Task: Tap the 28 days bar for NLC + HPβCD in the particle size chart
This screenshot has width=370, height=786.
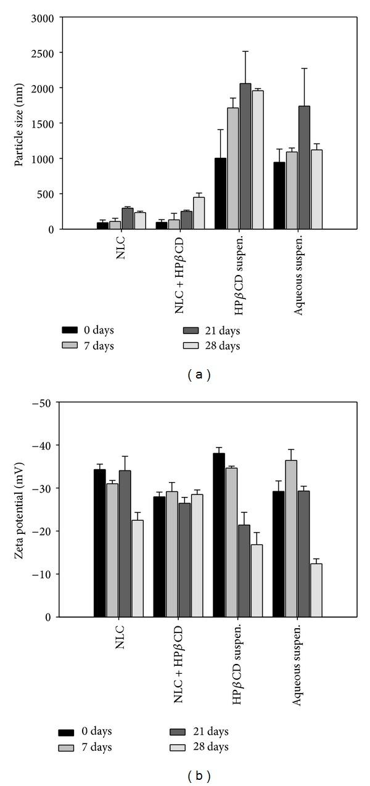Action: pos(199,213)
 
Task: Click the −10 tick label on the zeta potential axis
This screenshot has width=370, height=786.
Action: pos(45,574)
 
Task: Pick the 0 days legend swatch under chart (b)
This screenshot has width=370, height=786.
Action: pos(67,732)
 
